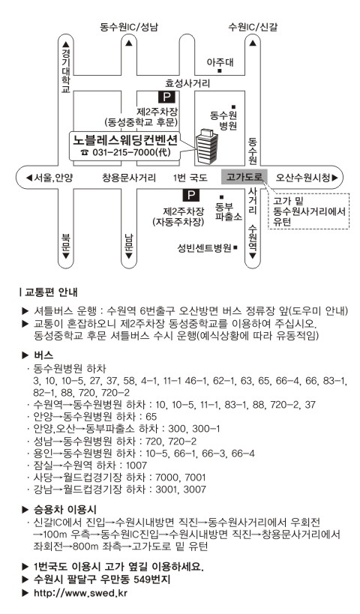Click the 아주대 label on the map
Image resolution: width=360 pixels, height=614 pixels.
pos(220,62)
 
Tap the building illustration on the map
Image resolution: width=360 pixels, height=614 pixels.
pos(206,146)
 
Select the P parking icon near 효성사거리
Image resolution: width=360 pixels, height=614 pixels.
pos(167,97)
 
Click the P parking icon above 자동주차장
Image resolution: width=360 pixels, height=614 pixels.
pos(190,195)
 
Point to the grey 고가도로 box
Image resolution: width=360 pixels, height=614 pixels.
pos(244,177)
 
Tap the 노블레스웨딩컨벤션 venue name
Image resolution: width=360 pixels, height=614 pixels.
pos(125,139)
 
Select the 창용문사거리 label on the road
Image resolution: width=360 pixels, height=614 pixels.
pos(129,178)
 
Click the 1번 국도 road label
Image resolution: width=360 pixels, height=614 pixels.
pos(190,178)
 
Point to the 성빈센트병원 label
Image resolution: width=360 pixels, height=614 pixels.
pos(205,247)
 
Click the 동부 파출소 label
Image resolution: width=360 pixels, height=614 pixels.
pos(229,211)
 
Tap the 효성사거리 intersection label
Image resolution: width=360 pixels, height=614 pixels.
pos(187,83)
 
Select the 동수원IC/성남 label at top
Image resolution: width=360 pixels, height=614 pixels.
pos(129,27)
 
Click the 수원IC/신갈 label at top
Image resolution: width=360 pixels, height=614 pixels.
pos(253,27)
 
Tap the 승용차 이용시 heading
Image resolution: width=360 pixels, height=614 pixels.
pos(65,510)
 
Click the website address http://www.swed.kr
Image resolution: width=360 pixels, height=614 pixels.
pos(81,592)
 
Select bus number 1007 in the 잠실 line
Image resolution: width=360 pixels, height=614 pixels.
pos(136,466)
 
